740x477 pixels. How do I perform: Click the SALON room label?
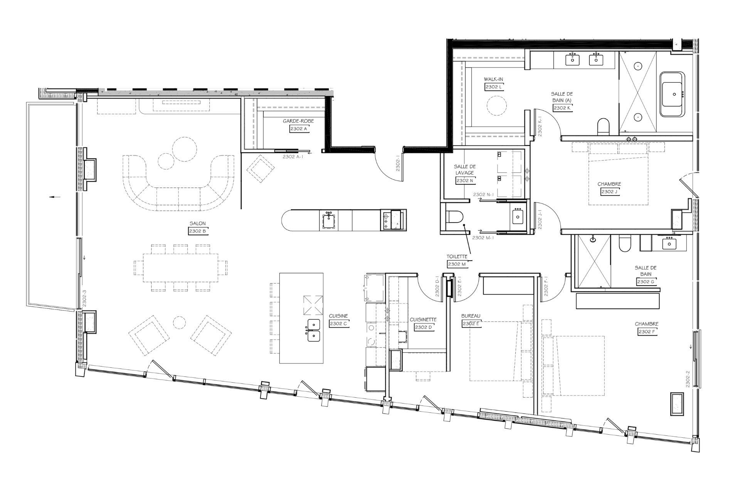click(x=197, y=223)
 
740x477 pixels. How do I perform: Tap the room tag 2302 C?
click(x=339, y=324)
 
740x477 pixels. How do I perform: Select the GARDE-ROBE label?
click(x=298, y=121)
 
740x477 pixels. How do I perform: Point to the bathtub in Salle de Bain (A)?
click(x=673, y=94)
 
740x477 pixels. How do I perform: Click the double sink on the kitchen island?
click(x=313, y=330)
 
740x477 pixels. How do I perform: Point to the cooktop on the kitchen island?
click(x=313, y=305)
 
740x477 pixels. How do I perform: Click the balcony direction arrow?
click(x=55, y=197)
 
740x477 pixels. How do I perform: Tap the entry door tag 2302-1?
click(x=398, y=165)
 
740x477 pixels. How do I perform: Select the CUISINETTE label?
click(x=423, y=320)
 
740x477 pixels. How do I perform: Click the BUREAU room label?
click(x=471, y=316)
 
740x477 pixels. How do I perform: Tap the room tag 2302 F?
click(x=647, y=331)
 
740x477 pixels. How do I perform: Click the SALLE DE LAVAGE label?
click(x=465, y=170)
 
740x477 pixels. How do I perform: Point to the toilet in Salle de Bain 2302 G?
click(x=624, y=244)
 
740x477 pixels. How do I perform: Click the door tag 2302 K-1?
click(x=540, y=126)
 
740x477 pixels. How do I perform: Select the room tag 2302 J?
click(x=610, y=191)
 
